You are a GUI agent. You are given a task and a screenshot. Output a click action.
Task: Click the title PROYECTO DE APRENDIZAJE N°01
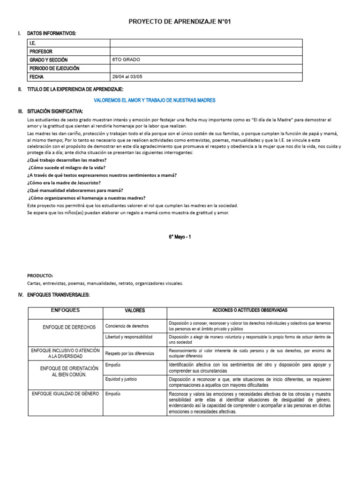coord(180,22)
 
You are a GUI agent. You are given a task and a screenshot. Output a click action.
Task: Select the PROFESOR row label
coord(41,52)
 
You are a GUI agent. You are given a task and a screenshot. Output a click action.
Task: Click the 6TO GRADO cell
coord(126,60)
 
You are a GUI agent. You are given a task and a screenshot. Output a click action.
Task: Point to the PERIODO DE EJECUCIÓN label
coord(54,68)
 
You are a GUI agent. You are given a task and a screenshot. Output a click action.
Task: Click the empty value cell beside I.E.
coord(206,43)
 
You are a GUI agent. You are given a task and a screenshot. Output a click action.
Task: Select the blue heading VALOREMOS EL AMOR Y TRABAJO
coord(154,100)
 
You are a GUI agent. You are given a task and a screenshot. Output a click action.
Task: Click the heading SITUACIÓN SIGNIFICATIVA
coord(55,111)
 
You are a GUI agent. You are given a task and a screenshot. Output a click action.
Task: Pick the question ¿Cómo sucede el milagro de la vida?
coord(67,167)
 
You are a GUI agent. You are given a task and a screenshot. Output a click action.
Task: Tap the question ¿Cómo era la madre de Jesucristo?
coord(64,183)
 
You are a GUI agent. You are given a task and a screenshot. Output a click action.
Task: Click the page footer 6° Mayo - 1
coord(180,237)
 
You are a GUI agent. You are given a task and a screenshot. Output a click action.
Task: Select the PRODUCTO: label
coord(40,276)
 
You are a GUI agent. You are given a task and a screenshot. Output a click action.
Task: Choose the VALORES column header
coord(135,311)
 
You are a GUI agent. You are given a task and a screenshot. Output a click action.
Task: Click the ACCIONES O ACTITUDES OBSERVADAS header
coord(249,310)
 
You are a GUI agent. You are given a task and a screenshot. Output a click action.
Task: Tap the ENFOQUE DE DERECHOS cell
coord(69,327)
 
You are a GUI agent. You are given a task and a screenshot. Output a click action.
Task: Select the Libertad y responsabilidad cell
coord(128,337)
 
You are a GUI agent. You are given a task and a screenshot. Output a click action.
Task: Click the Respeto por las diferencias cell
coord(129,353)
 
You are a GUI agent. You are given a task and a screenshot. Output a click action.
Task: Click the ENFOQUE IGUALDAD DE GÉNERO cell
coord(65,394)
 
